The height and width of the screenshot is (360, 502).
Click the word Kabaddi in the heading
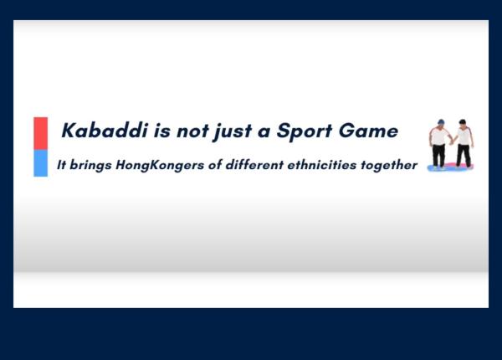[x=105, y=131]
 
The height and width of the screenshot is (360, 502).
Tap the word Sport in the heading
[x=305, y=131]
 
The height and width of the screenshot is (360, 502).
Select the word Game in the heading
[x=368, y=131]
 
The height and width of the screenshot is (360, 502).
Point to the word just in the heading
[x=233, y=131]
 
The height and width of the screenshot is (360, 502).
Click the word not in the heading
[x=192, y=131]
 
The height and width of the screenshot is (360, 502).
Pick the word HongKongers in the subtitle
[x=160, y=166]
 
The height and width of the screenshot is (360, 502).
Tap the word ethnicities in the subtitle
[x=322, y=165]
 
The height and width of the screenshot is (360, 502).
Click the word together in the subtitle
[x=389, y=166]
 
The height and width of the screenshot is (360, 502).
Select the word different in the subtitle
[x=254, y=165]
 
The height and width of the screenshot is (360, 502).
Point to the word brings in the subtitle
[x=90, y=166]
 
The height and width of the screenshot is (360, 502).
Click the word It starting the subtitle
[x=61, y=165]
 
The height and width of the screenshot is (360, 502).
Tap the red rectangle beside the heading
[x=41, y=133]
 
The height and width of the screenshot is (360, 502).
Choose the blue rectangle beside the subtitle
[x=41, y=163]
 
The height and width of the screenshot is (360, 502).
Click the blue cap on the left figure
[x=441, y=121]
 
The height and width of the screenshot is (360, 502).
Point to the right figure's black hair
[x=463, y=122]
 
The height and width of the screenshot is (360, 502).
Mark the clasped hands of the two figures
[x=452, y=141]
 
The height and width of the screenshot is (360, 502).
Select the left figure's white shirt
[x=439, y=136]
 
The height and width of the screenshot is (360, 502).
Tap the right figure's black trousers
[x=464, y=156]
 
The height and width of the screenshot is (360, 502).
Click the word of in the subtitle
[x=215, y=165]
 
